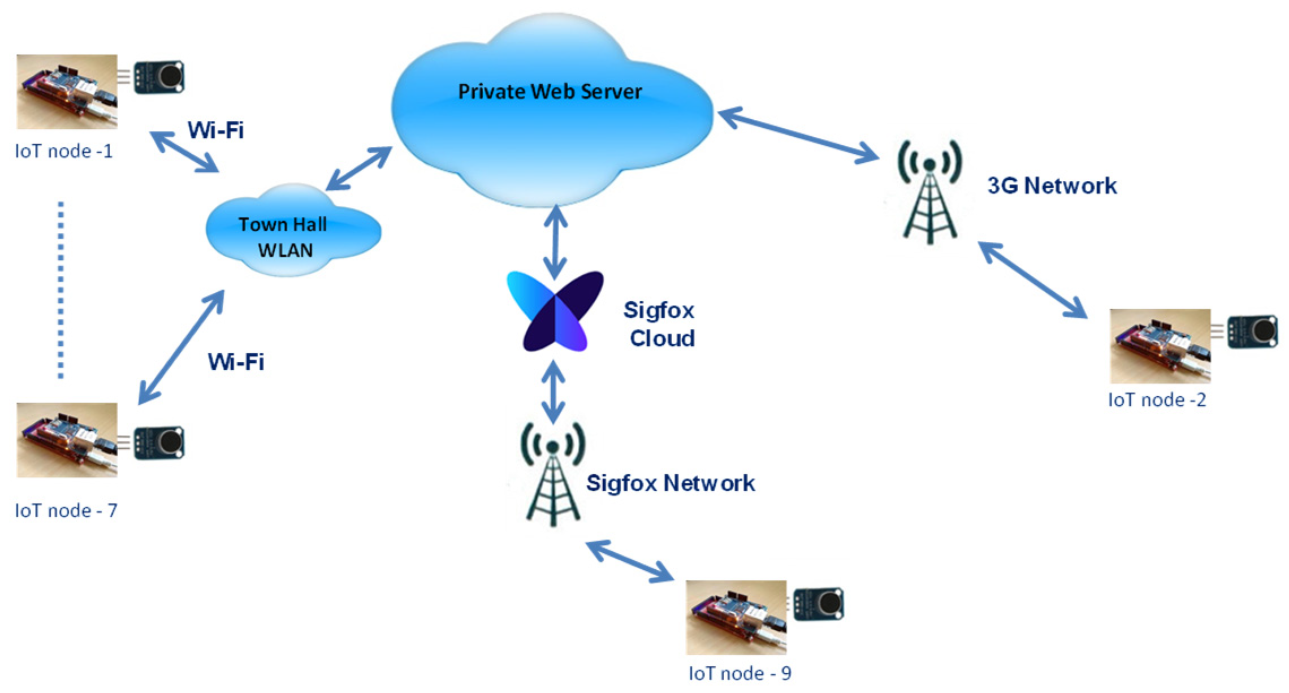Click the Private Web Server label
tap(550, 92)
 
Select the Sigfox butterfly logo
tap(555, 312)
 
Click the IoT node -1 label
tap(64, 151)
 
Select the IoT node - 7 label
tap(66, 510)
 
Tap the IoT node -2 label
tap(1157, 400)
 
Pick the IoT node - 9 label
tap(739, 673)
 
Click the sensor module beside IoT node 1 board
tap(159, 76)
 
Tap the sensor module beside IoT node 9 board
tap(818, 604)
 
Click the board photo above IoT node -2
tap(1160, 346)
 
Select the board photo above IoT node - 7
tap(67, 440)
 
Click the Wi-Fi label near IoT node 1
tap(215, 131)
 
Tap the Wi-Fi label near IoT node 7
tap(236, 362)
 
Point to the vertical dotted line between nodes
tap(61, 289)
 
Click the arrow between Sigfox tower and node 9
tap(629, 561)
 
